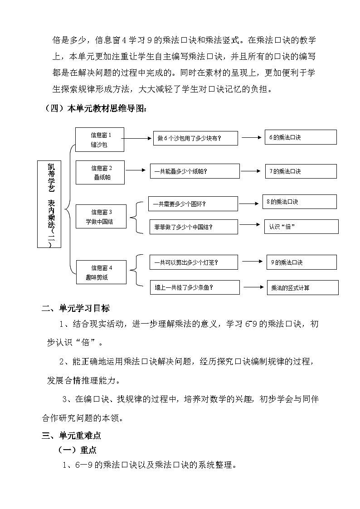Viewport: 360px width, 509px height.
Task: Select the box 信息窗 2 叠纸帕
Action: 101,173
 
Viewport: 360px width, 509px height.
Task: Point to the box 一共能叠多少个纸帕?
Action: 195,171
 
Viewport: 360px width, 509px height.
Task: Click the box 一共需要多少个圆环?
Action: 193,204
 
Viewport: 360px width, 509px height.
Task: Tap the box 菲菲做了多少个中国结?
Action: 193,227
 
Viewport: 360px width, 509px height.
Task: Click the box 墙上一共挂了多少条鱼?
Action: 195,287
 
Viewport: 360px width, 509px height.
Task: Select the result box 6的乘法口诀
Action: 301,137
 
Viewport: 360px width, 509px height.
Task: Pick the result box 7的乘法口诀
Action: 301,171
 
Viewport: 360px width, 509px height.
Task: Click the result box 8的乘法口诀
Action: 299,202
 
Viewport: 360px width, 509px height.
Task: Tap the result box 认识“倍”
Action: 302,227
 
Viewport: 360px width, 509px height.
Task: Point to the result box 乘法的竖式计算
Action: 302,287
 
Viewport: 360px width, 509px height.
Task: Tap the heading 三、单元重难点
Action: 71,436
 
